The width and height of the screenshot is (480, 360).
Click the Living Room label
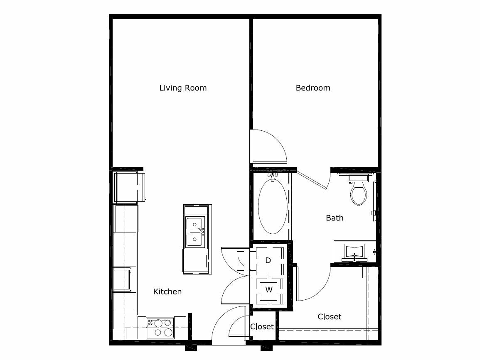click(x=183, y=88)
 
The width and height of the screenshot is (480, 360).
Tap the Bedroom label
click(x=313, y=88)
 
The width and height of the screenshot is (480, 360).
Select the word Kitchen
click(x=167, y=291)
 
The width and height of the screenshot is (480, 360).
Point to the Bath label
click(x=335, y=218)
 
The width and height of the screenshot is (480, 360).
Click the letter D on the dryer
click(x=268, y=260)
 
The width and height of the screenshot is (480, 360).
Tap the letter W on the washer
click(x=269, y=289)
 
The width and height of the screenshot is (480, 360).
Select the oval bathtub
click(x=273, y=206)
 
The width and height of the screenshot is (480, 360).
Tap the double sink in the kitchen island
click(x=194, y=232)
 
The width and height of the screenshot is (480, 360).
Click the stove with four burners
click(x=160, y=328)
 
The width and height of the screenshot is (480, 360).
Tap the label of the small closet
click(x=262, y=327)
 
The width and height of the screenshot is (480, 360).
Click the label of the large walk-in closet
click(x=330, y=316)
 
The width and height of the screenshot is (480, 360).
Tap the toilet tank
click(x=359, y=178)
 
